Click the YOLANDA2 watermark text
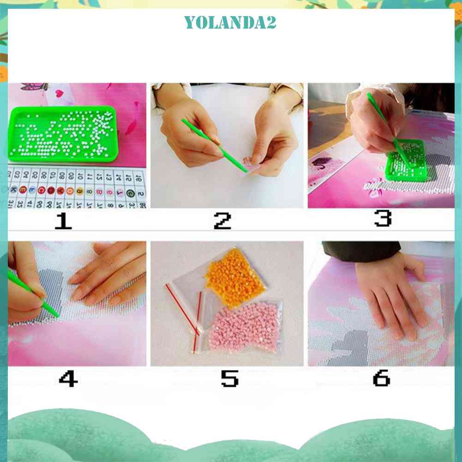coord(230,22)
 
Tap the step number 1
coord(63,221)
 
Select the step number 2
coord(222,221)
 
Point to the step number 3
coord(383,218)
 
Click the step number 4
coord(68,379)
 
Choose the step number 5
coord(229,379)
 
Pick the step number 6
coord(381,378)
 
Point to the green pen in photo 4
coord(35,295)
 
